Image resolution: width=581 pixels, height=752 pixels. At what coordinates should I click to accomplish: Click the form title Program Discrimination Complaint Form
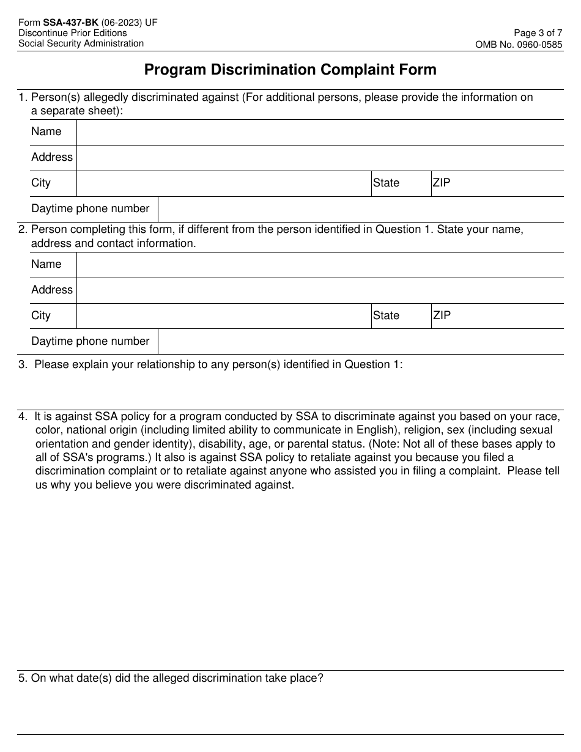click(290, 70)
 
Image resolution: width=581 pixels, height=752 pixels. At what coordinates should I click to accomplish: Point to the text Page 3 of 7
click(538, 33)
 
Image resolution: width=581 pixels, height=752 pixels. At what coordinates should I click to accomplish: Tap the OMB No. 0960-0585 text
click(519, 44)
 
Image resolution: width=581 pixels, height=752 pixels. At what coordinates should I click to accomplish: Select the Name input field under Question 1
click(320, 132)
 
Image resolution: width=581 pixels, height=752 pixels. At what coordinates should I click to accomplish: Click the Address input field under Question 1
click(320, 158)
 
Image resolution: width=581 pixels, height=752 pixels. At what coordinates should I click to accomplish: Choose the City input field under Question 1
click(224, 183)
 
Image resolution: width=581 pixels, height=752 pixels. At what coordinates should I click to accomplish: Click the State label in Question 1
click(386, 183)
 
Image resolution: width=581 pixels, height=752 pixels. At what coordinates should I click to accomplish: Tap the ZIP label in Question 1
click(442, 183)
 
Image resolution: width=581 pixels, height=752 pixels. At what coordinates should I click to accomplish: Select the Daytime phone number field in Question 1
click(360, 209)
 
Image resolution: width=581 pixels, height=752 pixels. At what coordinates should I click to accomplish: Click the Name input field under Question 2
click(320, 265)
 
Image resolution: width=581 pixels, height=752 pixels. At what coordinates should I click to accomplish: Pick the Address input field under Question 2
click(320, 290)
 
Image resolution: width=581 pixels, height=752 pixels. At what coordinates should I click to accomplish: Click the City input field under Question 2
click(224, 316)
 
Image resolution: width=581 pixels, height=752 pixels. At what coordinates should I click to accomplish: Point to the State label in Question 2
click(386, 316)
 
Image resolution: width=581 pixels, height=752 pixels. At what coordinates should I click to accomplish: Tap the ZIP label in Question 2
click(442, 315)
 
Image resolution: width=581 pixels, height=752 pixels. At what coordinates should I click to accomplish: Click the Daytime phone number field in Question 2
click(360, 342)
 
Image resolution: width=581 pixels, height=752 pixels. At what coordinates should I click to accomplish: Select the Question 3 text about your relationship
click(218, 364)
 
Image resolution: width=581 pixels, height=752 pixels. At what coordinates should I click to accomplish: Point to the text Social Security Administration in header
click(81, 43)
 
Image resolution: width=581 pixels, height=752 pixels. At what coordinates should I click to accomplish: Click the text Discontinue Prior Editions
click(73, 33)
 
